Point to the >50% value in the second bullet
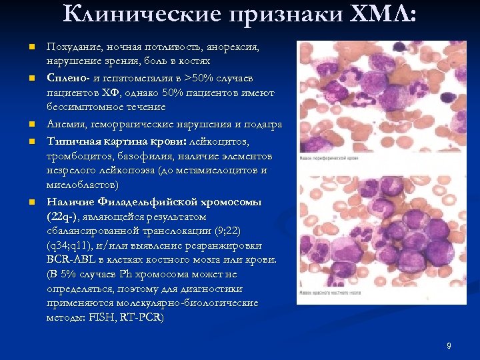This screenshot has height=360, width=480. coord(199,77)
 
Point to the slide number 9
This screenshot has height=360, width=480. coord(449,345)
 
